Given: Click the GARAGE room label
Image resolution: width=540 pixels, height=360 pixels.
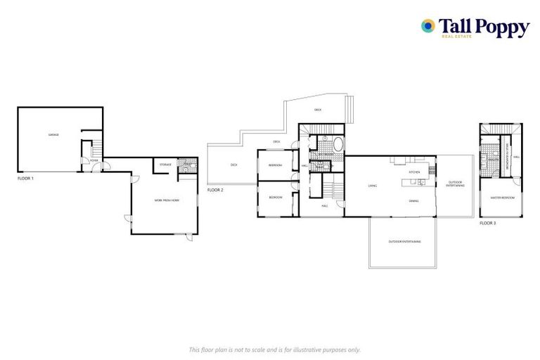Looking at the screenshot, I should click(x=53, y=134).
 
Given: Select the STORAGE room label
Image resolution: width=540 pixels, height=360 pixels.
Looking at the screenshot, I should click(x=165, y=165).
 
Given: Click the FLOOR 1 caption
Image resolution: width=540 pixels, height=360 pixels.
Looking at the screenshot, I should click(x=26, y=179).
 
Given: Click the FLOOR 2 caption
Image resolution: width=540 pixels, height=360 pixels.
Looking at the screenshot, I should click(x=215, y=191).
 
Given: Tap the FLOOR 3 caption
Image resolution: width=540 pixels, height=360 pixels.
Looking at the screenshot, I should click(x=487, y=223).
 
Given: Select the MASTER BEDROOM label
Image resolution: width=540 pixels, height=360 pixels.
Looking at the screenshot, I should click(x=502, y=198).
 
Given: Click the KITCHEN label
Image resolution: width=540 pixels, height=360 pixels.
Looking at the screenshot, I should click(x=415, y=172).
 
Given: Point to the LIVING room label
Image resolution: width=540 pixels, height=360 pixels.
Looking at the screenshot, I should click(x=373, y=186).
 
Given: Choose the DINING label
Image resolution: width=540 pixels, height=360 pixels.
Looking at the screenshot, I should click(x=414, y=201).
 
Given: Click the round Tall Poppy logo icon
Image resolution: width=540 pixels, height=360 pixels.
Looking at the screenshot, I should click(x=427, y=26).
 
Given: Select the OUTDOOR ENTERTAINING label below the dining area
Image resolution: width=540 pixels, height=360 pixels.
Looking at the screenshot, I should click(x=404, y=241).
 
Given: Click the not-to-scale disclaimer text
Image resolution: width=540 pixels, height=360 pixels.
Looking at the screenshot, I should click(x=274, y=349).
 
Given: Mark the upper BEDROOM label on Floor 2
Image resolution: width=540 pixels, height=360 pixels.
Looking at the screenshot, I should click(x=275, y=165).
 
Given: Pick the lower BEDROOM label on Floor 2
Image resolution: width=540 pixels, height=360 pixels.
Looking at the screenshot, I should click(x=275, y=198).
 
